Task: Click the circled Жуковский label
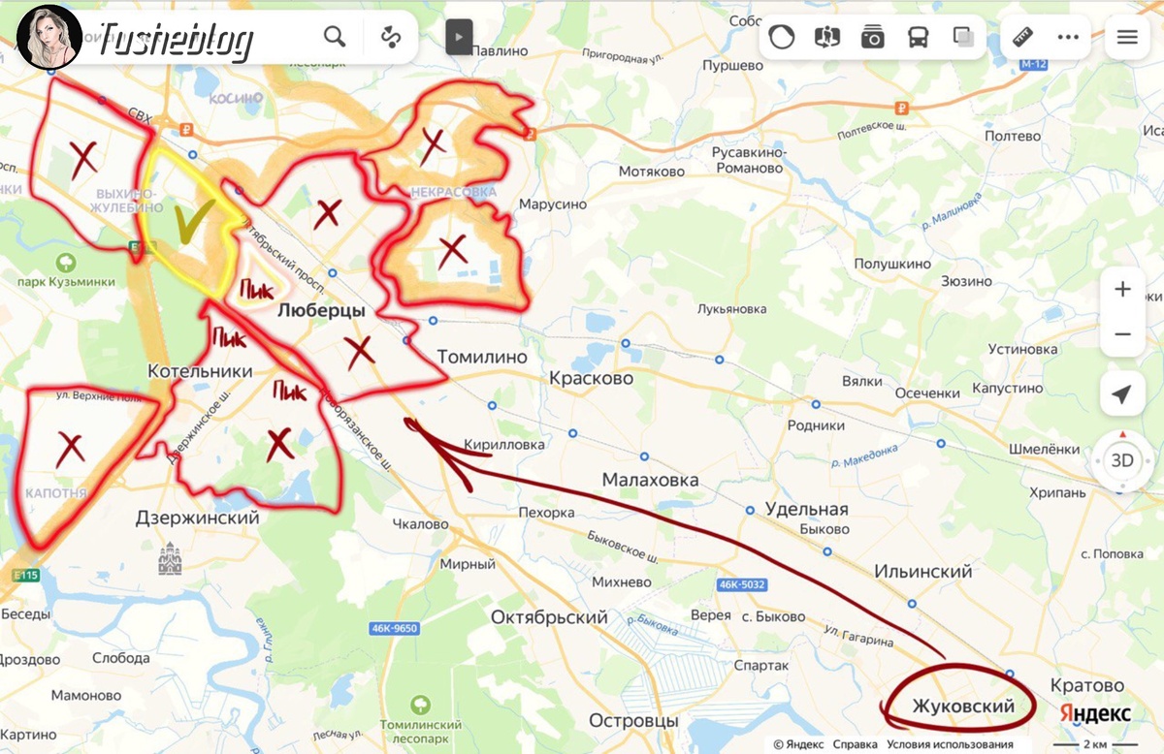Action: click(x=962, y=706)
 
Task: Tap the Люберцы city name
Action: click(x=320, y=311)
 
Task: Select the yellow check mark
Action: click(x=189, y=224)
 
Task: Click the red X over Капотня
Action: click(x=69, y=450)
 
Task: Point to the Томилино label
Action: click(x=481, y=357)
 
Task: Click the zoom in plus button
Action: click(x=1122, y=290)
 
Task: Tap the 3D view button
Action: click(x=1122, y=459)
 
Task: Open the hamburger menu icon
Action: click(x=1126, y=37)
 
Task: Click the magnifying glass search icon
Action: click(x=335, y=37)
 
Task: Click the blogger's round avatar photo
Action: click(x=48, y=37)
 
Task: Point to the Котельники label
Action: click(x=200, y=371)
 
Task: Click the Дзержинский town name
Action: click(x=198, y=518)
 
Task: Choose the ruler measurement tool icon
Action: click(x=1022, y=37)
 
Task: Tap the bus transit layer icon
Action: click(x=917, y=37)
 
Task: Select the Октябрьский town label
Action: click(x=549, y=617)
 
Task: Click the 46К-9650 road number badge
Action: click(x=394, y=628)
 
